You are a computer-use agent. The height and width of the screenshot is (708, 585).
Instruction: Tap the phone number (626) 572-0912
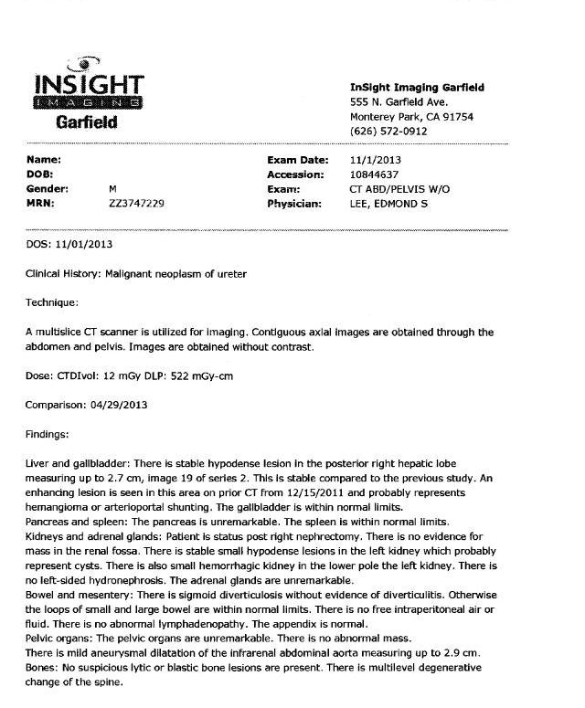(x=388, y=132)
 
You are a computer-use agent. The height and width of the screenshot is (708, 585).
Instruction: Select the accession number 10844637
(x=375, y=174)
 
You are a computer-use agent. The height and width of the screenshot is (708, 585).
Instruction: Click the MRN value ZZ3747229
(x=136, y=204)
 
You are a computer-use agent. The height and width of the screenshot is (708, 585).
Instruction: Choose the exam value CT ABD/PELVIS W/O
(x=400, y=189)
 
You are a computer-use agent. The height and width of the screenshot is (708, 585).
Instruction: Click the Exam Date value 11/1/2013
(x=376, y=160)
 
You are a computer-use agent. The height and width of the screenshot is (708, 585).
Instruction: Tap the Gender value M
(x=112, y=189)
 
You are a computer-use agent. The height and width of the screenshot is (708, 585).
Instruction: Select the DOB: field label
(x=40, y=174)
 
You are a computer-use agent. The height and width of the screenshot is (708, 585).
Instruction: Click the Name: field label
(x=43, y=160)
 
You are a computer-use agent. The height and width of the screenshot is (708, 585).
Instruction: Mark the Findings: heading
(x=48, y=434)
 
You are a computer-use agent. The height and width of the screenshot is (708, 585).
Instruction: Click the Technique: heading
(x=52, y=301)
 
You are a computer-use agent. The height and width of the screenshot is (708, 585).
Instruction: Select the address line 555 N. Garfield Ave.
(x=399, y=102)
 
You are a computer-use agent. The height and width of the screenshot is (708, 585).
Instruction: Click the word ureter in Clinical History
(x=230, y=273)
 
